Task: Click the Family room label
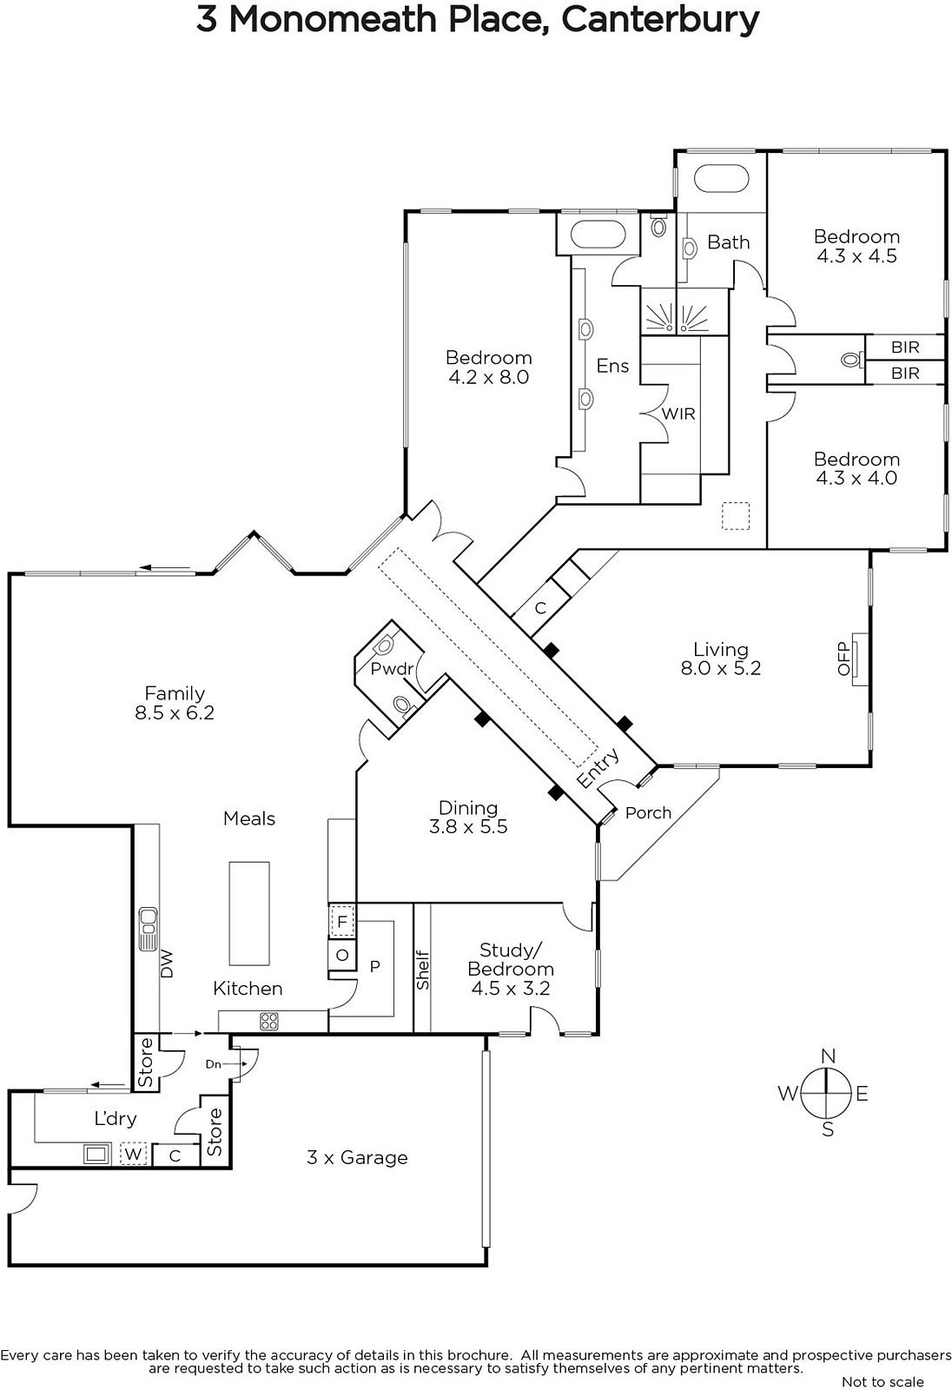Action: click(175, 703)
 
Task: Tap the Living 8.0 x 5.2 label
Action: click(721, 659)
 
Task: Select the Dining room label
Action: click(468, 817)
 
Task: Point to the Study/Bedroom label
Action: click(511, 969)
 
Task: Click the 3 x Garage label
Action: click(357, 1157)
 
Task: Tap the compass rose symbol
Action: click(826, 1093)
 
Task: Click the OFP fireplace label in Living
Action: click(843, 659)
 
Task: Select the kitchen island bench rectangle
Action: click(249, 913)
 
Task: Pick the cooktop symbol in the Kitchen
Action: click(268, 1021)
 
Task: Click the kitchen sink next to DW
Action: click(149, 929)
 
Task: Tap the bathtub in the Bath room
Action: click(721, 179)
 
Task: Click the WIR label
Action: click(678, 414)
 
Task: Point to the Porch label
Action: click(648, 812)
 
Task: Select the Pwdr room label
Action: click(393, 668)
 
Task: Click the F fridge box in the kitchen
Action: click(341, 922)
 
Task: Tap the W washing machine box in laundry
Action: click(134, 1155)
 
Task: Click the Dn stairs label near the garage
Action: click(213, 1064)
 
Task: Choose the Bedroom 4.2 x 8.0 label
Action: click(488, 367)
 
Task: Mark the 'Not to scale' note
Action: click(883, 1381)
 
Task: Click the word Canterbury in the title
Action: click(659, 21)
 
